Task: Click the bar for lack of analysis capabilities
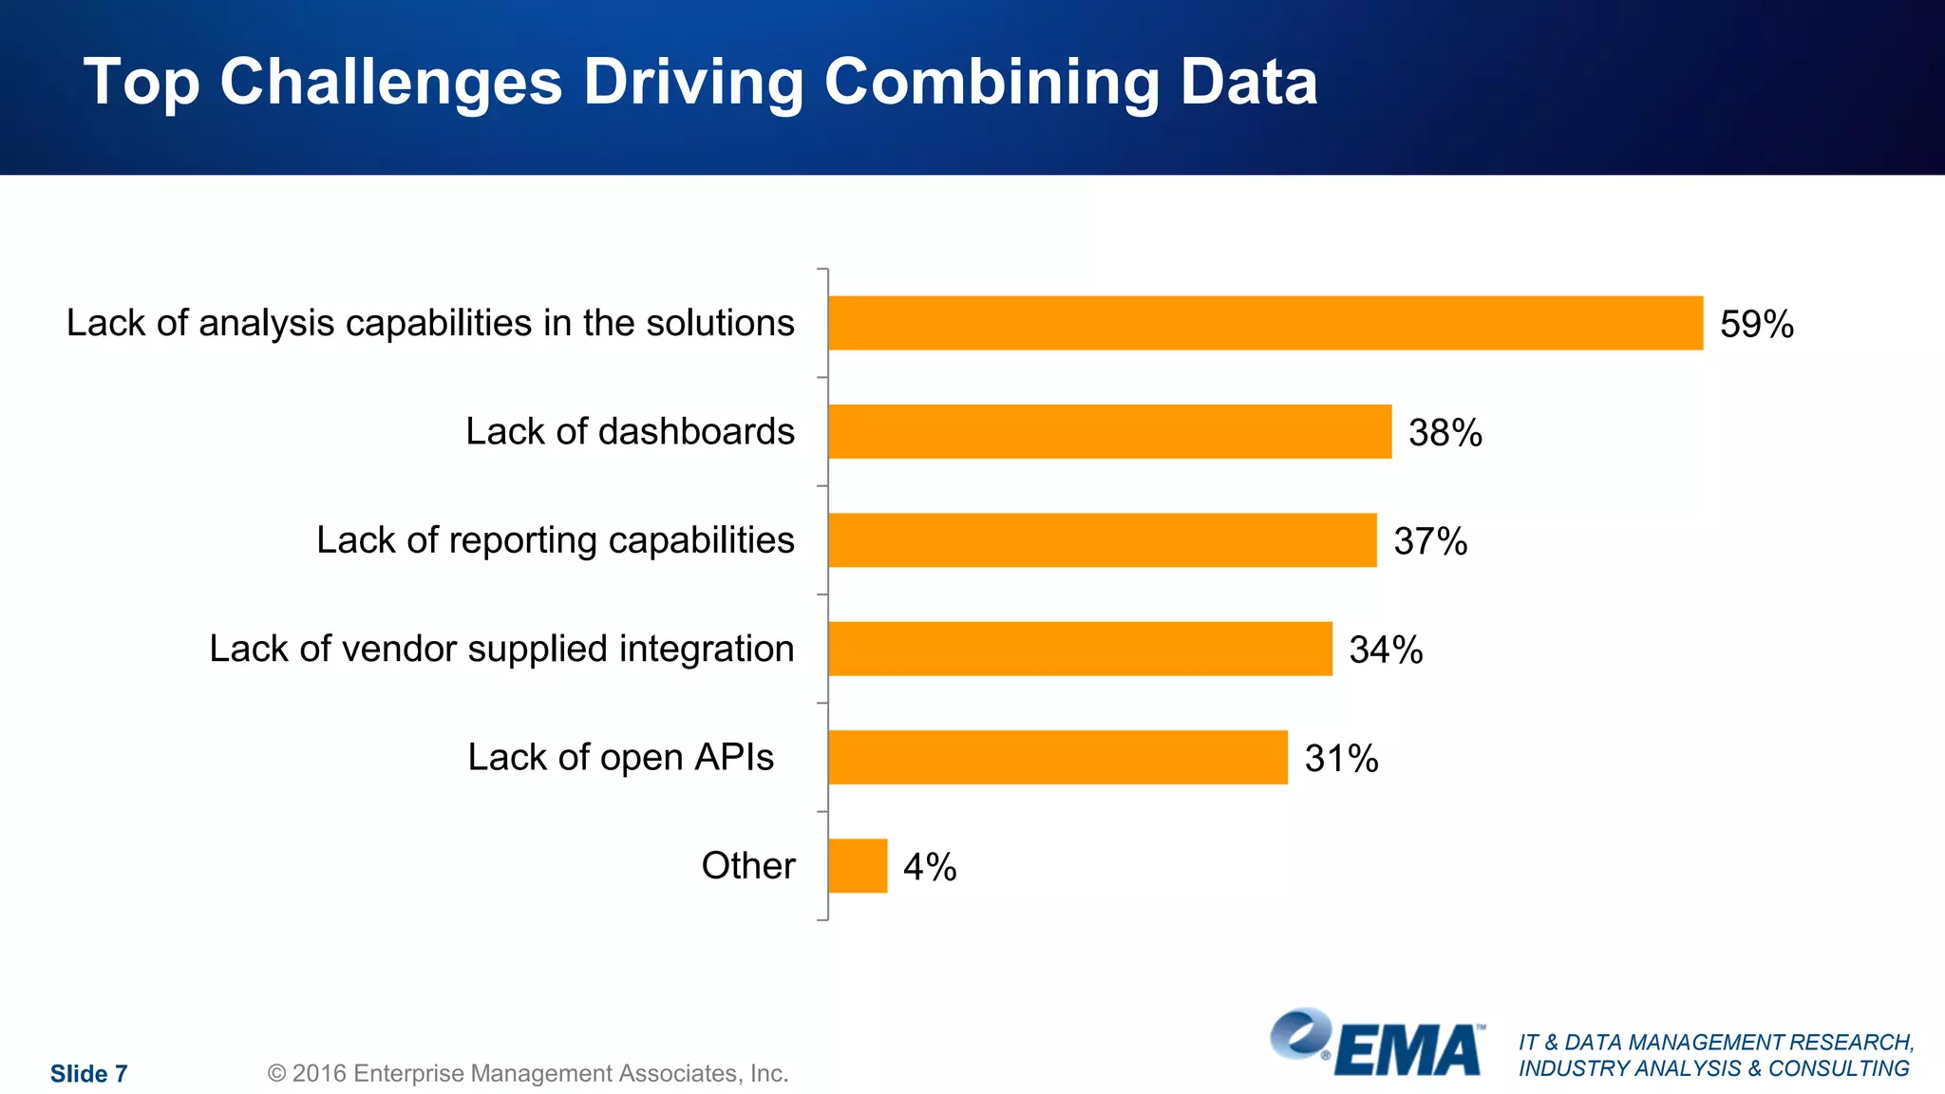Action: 1265,323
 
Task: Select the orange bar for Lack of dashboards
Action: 1109,431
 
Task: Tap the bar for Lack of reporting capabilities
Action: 1102,540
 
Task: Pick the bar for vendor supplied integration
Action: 1080,649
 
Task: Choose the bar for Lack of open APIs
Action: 1057,757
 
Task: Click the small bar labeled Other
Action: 858,865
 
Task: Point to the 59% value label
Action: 1756,325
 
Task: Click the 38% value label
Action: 1445,433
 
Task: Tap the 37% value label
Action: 1429,541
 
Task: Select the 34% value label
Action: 1386,651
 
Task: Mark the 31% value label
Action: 1341,759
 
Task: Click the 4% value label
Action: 929,867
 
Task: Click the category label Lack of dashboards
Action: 630,432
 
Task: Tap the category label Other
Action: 747,866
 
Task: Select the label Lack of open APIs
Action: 620,758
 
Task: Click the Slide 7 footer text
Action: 88,1074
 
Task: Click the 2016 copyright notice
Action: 528,1074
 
